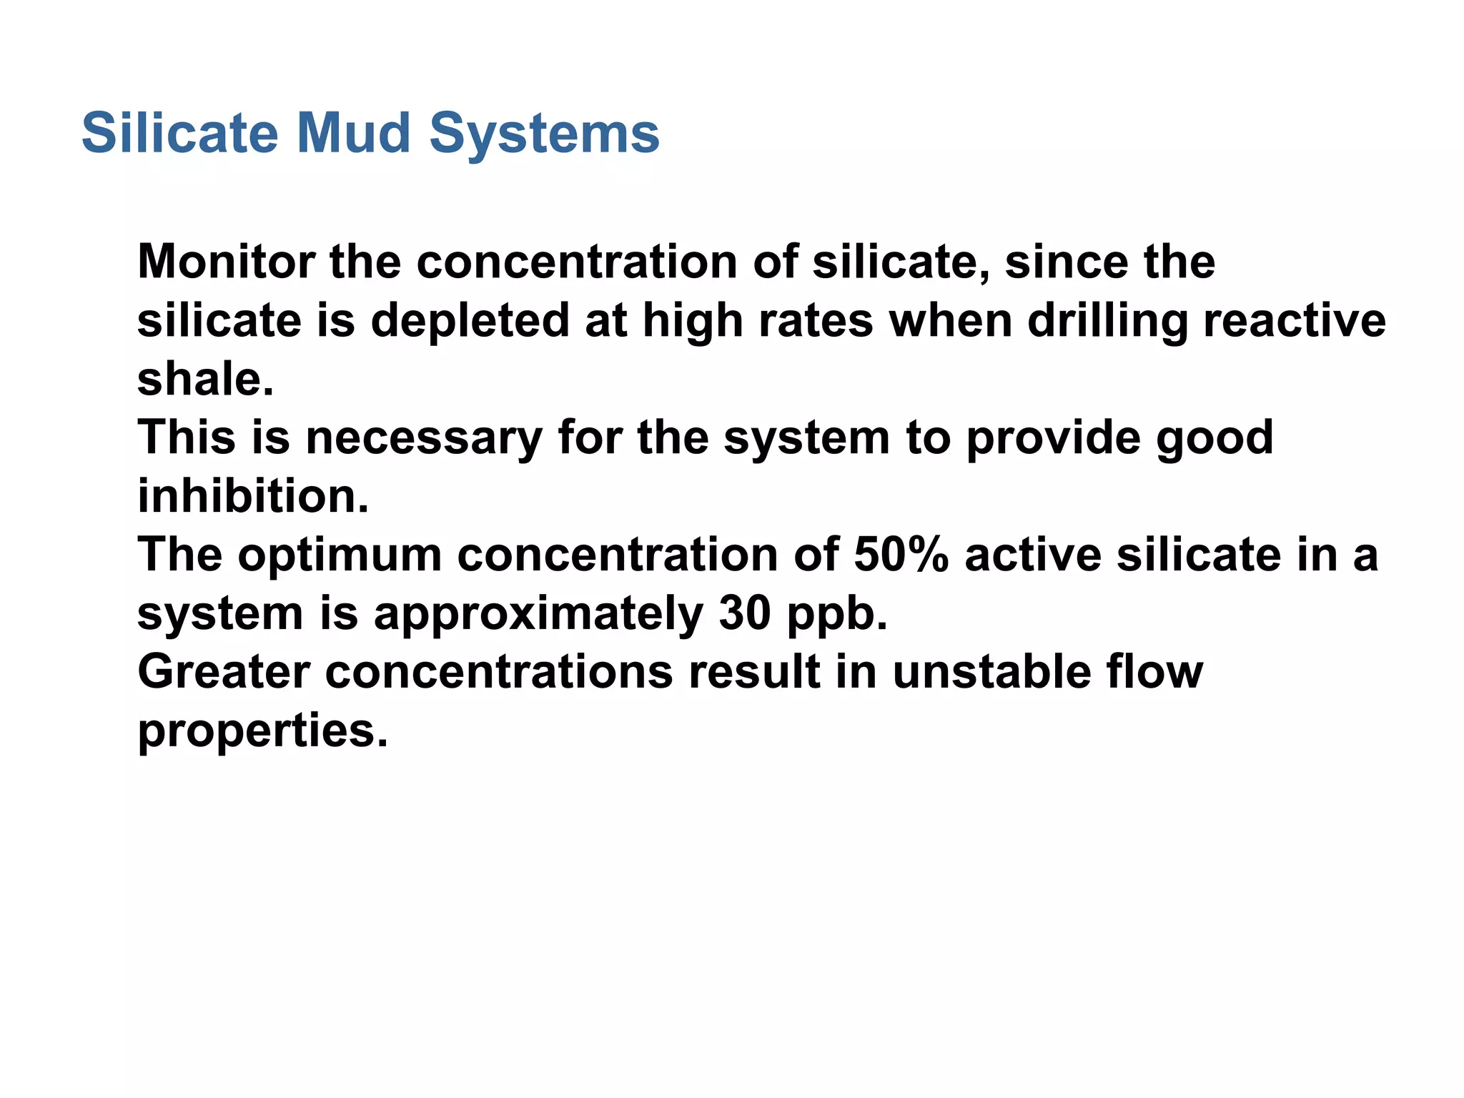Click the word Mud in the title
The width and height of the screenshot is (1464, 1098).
[x=353, y=134]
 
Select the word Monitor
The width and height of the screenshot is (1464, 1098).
[x=226, y=262]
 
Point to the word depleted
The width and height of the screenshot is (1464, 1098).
[x=470, y=321]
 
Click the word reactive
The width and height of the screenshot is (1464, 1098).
[x=1295, y=321]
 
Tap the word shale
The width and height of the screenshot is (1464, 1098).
[x=205, y=379]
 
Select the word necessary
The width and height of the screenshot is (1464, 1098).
[x=424, y=437]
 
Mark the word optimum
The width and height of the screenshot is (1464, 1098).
[x=340, y=555]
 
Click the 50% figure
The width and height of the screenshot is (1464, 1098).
[x=901, y=555]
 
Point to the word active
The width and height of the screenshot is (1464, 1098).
[x=1032, y=555]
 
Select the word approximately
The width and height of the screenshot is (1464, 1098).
[x=538, y=615]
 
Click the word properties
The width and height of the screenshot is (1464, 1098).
[x=262, y=732]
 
